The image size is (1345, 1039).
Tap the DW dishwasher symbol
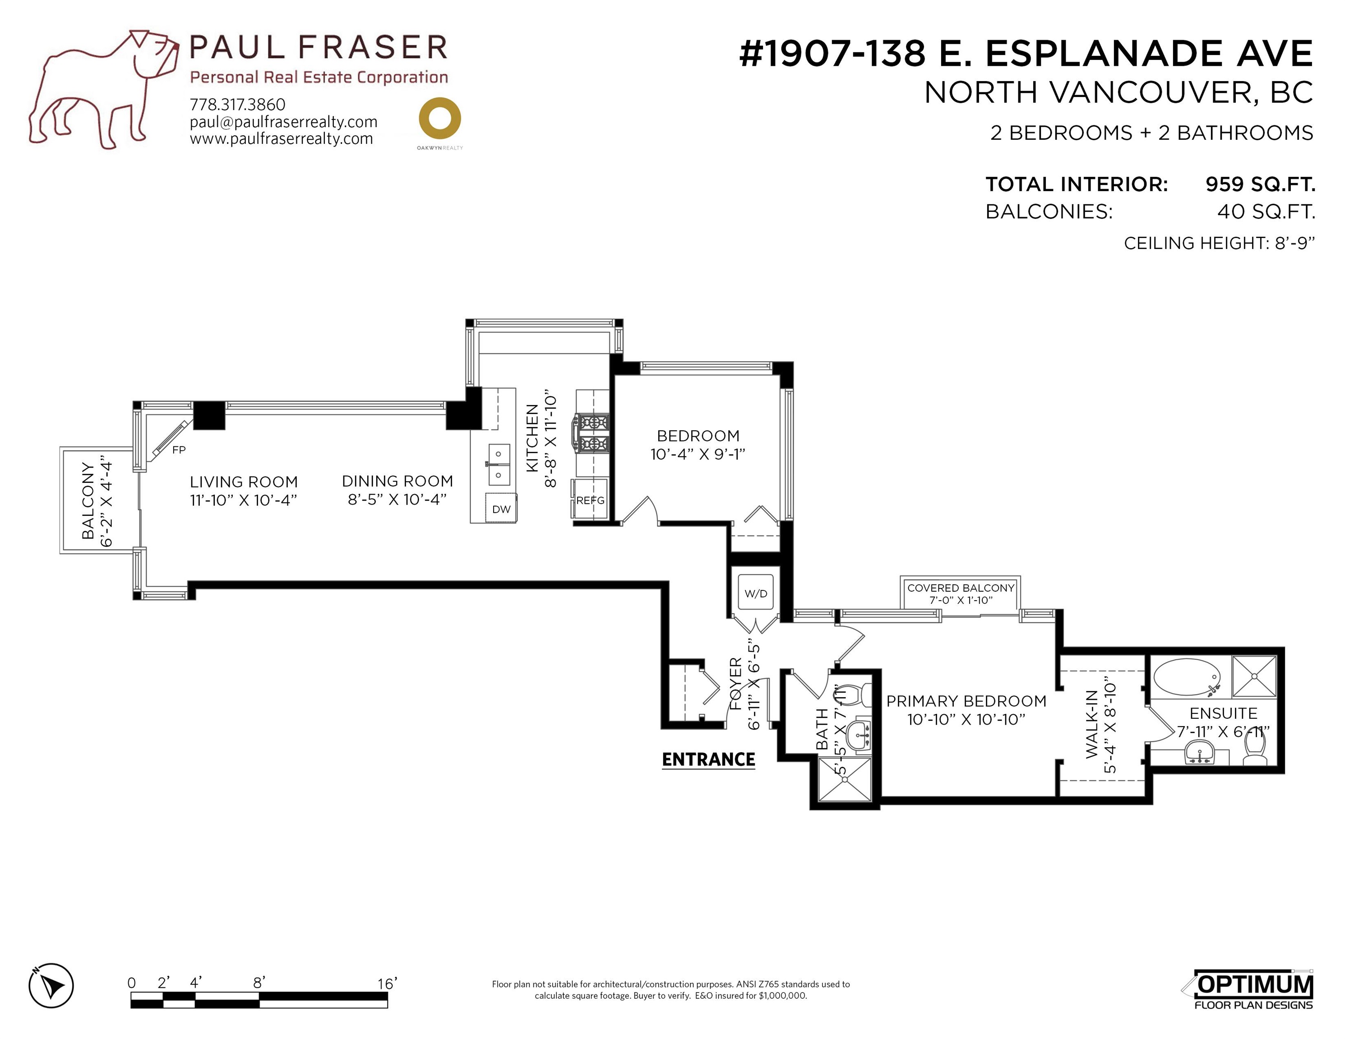click(501, 508)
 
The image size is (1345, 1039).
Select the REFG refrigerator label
click(590, 501)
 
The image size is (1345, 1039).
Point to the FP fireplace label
click(179, 450)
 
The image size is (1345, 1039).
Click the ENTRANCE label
click(708, 759)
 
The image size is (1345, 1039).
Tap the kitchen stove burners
click(592, 433)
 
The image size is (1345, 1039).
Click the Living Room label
click(243, 482)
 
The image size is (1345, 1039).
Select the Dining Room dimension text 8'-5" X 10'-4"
click(397, 499)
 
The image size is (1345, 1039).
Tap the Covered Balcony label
click(960, 588)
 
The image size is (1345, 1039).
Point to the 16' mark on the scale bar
click(388, 984)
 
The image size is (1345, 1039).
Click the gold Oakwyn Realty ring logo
click(440, 118)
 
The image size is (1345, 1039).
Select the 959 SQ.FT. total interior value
click(1260, 184)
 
